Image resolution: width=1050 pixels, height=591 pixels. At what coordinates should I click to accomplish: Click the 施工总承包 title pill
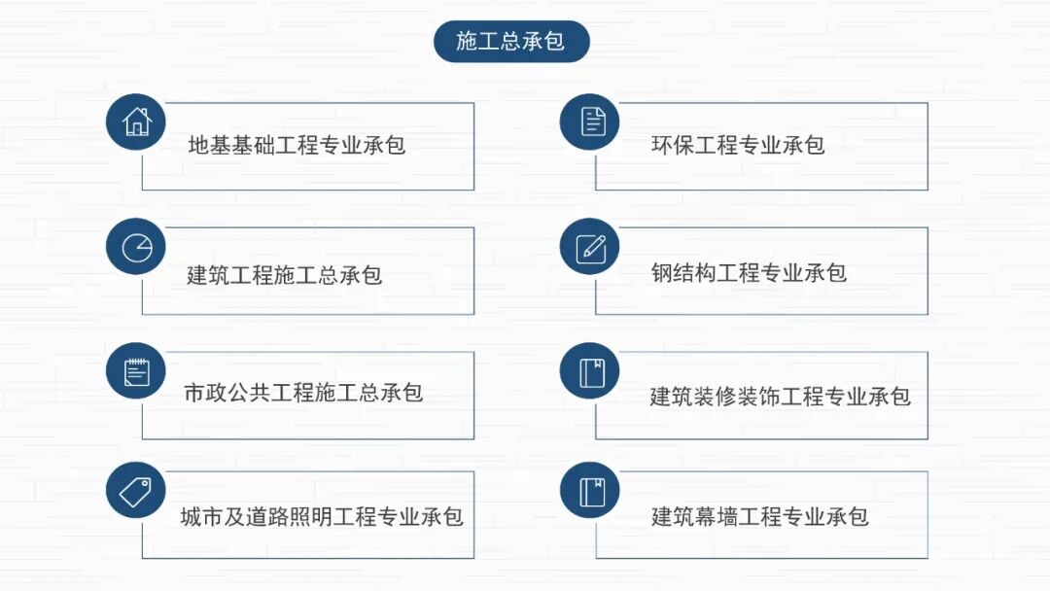click(x=511, y=42)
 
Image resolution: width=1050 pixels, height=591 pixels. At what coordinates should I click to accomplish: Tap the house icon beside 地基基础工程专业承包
click(x=136, y=122)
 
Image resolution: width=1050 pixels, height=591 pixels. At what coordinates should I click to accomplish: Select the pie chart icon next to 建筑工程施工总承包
click(x=136, y=247)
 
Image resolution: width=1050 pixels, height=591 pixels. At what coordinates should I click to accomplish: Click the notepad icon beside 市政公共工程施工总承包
click(x=136, y=371)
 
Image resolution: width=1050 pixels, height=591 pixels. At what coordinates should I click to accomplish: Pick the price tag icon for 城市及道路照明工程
click(x=136, y=491)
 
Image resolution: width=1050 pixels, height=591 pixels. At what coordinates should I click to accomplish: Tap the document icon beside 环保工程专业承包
click(x=590, y=122)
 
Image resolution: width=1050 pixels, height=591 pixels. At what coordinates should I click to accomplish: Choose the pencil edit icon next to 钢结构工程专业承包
click(x=590, y=247)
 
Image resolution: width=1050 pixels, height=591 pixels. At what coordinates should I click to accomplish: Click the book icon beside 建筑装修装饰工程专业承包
click(x=590, y=371)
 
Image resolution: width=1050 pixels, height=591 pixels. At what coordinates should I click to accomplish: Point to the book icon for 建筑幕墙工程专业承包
click(x=590, y=491)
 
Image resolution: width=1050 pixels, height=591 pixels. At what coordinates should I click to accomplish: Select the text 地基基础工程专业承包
click(x=297, y=146)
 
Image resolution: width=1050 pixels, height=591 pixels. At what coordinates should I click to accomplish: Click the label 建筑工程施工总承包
click(x=285, y=275)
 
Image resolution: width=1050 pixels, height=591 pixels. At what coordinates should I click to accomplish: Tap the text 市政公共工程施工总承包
click(x=303, y=394)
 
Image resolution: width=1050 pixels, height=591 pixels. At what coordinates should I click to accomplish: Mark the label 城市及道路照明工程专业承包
click(x=322, y=516)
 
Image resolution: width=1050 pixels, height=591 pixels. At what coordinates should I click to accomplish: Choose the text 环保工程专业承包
click(x=738, y=146)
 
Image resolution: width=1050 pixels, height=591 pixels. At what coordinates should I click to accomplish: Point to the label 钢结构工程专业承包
click(x=749, y=273)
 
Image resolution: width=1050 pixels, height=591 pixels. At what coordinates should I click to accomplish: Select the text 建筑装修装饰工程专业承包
click(x=781, y=397)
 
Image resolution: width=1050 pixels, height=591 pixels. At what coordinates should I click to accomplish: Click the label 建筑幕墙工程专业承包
click(x=759, y=516)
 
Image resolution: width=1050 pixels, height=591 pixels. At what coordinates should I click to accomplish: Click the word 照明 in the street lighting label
click(x=311, y=516)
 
